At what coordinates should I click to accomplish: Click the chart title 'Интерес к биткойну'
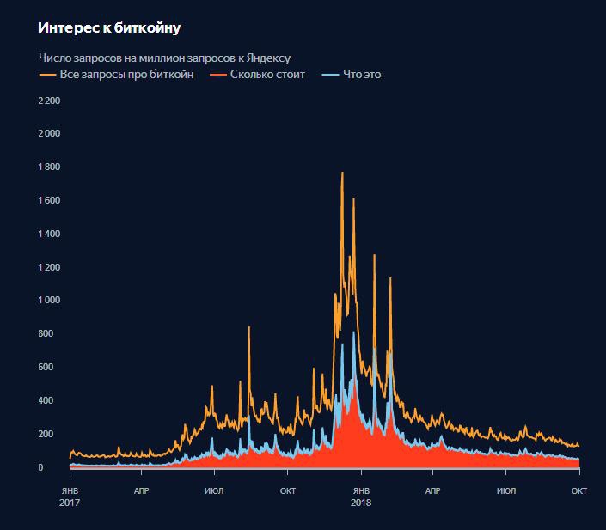click(109, 28)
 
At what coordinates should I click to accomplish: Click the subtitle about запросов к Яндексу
click(164, 58)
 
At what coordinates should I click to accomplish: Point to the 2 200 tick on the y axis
click(48, 101)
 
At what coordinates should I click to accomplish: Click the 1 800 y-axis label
click(48, 167)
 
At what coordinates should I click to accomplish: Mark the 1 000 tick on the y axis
click(48, 300)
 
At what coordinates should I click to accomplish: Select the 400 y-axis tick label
click(52, 400)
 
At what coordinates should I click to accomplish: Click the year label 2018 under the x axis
click(362, 503)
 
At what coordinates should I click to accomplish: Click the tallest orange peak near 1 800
click(342, 173)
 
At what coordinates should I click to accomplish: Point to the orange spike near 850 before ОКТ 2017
click(249, 327)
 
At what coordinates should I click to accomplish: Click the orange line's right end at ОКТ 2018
click(579, 446)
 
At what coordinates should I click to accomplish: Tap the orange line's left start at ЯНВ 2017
click(70, 456)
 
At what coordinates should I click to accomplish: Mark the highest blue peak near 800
click(353, 332)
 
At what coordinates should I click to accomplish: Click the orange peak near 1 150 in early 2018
click(390, 278)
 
